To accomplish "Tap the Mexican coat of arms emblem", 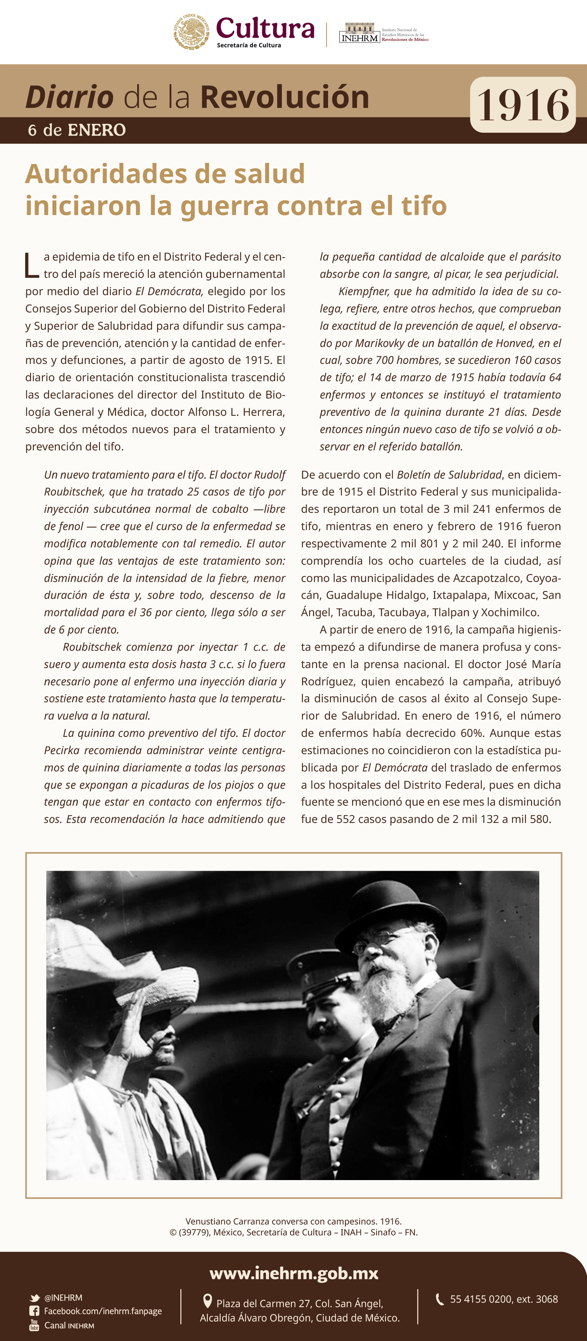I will [x=192, y=32].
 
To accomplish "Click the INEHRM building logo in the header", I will [x=359, y=32].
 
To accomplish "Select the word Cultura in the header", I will [x=265, y=28].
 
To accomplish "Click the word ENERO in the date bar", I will [x=97, y=130].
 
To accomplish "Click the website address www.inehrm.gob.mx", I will [x=293, y=1273].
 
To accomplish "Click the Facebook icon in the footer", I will [x=34, y=1311].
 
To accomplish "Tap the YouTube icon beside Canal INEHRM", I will [x=34, y=1325].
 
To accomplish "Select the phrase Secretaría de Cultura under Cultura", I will [x=249, y=45].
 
